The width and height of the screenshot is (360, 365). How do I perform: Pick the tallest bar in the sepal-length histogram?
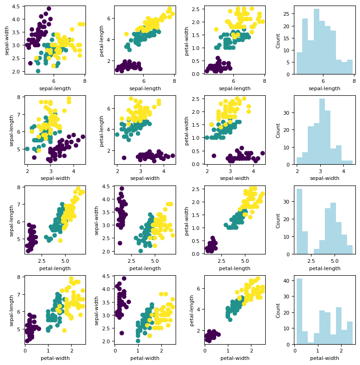point(317,42)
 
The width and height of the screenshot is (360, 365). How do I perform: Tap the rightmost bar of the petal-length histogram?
point(350,249)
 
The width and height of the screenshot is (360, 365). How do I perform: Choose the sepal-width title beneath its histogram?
point(324,178)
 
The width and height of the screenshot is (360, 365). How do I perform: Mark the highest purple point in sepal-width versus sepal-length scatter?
point(49,9)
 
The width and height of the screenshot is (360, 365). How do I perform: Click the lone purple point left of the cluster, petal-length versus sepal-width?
point(124,158)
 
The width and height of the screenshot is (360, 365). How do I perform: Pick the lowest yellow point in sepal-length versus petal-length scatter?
point(60,241)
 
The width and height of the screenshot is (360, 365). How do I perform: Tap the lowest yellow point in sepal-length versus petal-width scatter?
point(64,330)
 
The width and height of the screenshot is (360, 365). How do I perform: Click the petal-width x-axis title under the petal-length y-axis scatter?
point(235,358)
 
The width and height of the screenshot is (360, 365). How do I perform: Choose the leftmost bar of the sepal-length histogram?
point(299,63)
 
